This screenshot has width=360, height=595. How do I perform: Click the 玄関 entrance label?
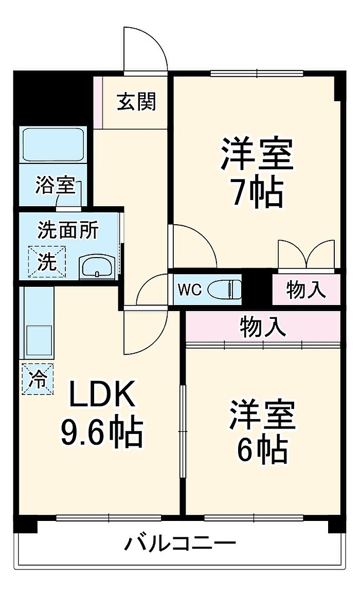point(136,101)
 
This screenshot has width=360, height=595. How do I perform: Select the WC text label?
point(190,290)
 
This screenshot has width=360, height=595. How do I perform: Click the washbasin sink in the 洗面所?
point(97,267)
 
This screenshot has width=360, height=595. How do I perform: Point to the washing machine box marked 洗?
point(47,261)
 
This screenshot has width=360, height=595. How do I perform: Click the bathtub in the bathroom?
point(53,145)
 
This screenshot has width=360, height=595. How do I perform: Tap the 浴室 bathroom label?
point(56,186)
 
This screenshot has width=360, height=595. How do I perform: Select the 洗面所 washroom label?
point(68,230)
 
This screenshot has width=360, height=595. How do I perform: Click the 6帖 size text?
point(261,449)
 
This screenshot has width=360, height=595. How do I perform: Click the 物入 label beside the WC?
point(305,290)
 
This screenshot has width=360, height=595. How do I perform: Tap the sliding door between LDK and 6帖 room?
point(183,431)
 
